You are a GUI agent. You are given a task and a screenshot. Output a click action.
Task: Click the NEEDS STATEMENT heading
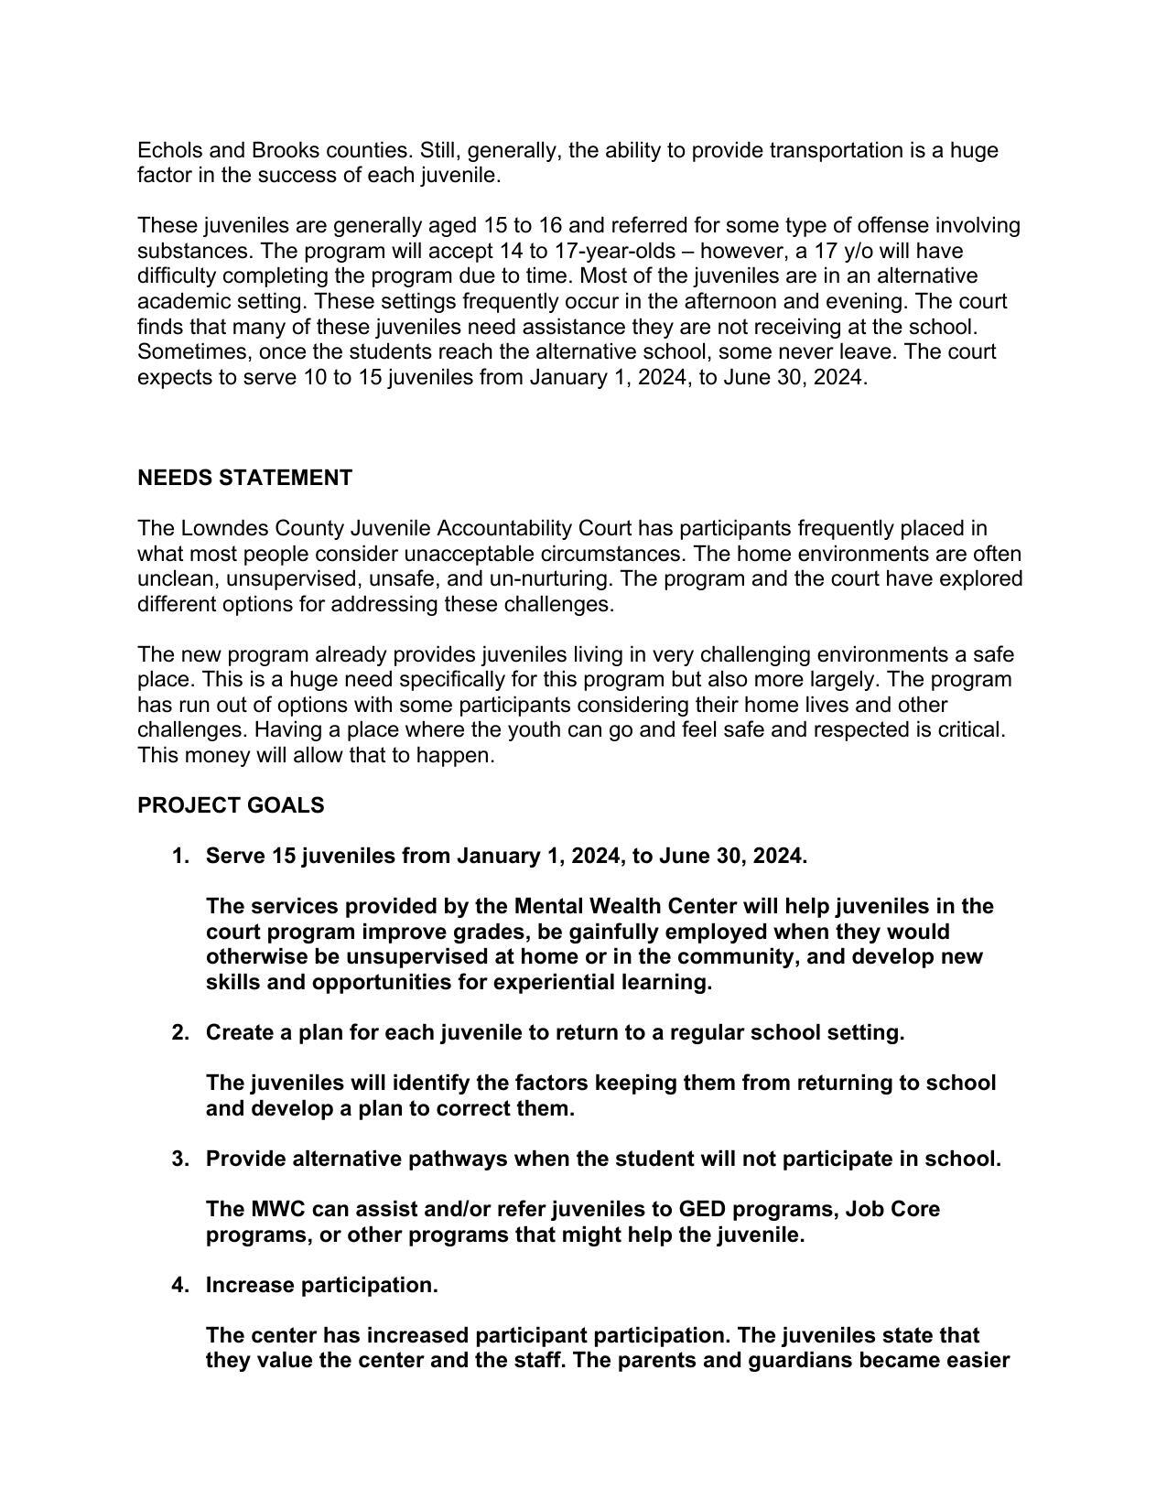click(x=244, y=478)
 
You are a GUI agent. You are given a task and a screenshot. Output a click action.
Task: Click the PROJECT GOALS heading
click(x=231, y=805)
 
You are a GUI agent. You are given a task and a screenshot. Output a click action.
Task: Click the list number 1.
click(x=179, y=856)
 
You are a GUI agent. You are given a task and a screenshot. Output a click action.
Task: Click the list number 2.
click(x=179, y=1032)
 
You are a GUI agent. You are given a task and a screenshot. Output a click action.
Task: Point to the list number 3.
click(x=179, y=1159)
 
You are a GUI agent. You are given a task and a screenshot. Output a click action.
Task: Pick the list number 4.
click(x=179, y=1285)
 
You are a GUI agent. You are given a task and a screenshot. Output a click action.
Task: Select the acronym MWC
click(x=278, y=1209)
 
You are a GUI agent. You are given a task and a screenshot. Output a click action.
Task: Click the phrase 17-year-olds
click(x=616, y=251)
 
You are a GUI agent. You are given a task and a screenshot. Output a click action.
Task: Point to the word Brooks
click(x=286, y=150)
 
